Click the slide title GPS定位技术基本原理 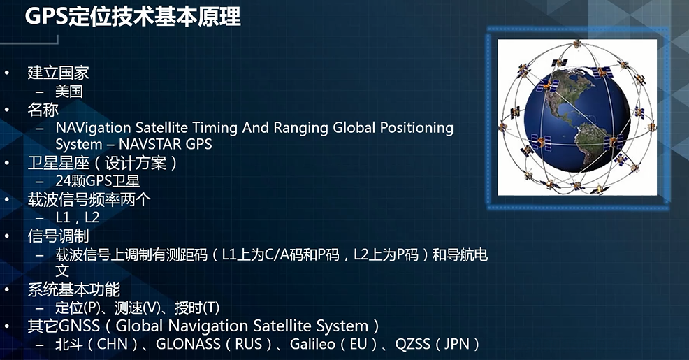[133, 17]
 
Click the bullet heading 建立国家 [59, 73]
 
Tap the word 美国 [69, 92]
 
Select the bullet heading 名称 [43, 110]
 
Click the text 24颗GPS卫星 [98, 180]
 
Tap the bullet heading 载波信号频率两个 [89, 199]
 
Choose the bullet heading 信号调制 [59, 236]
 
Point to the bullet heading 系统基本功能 [74, 289]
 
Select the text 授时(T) [197, 308]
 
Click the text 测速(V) [137, 308]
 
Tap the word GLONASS [189, 344]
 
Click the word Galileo [312, 344]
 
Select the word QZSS [412, 344]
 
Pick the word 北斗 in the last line [69, 344]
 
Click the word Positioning [416, 128]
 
